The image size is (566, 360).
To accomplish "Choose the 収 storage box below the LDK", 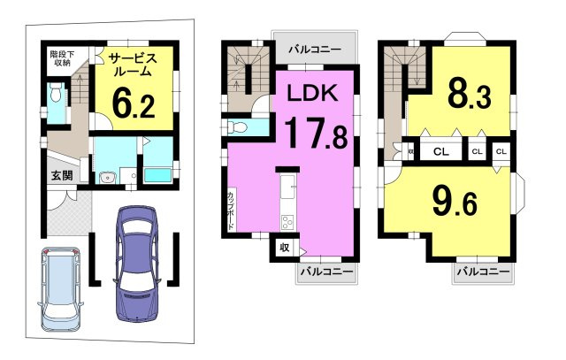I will click(x=285, y=248).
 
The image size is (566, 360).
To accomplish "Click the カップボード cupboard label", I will click(x=231, y=210).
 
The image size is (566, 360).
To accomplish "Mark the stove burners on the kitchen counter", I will click(x=288, y=220).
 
